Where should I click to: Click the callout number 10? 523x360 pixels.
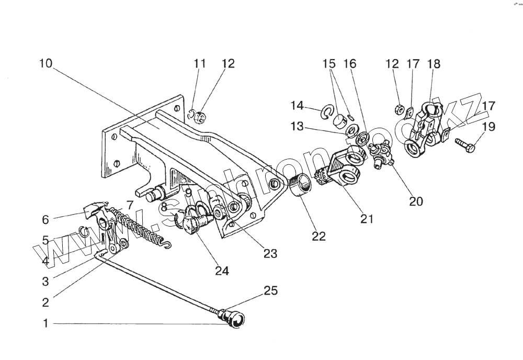click(x=46, y=63)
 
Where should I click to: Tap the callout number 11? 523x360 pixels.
click(x=199, y=63)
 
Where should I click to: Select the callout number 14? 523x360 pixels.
click(x=297, y=106)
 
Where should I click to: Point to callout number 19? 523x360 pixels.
click(x=488, y=127)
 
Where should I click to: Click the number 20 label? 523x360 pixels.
click(x=416, y=201)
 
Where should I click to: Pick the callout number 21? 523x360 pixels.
click(x=367, y=219)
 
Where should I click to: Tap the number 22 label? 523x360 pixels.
click(x=319, y=237)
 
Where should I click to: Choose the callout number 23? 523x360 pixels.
click(x=270, y=254)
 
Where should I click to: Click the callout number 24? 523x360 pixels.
click(x=222, y=271)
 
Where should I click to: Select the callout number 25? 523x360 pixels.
click(x=270, y=291)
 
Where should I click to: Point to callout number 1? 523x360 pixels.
click(x=46, y=323)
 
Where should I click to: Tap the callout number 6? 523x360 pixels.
click(x=46, y=219)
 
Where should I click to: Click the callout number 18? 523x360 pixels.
click(x=434, y=64)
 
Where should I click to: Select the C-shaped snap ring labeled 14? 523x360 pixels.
click(x=328, y=111)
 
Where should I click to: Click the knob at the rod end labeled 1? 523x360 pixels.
click(x=234, y=319)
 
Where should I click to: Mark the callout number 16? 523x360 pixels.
click(x=349, y=64)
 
